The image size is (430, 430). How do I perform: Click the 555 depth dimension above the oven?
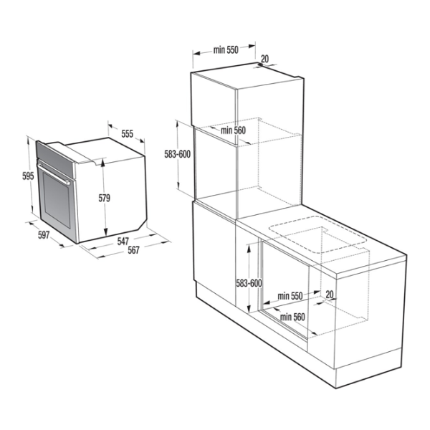coord(127,134)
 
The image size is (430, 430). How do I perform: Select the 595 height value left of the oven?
coord(28,176)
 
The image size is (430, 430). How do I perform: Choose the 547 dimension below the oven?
coord(123,242)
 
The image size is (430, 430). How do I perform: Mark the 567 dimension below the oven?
coord(133,250)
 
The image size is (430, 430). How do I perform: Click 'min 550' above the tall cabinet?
coord(225,50)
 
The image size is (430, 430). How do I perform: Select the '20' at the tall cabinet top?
coord(264,59)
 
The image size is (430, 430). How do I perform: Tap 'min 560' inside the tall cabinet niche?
coord(233,130)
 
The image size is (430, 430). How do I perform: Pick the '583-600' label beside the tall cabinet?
coord(177,154)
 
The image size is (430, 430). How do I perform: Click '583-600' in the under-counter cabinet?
coord(247,283)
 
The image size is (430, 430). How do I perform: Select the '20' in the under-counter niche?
coord(329,295)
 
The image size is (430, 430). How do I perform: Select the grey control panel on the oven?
coord(54,156)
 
